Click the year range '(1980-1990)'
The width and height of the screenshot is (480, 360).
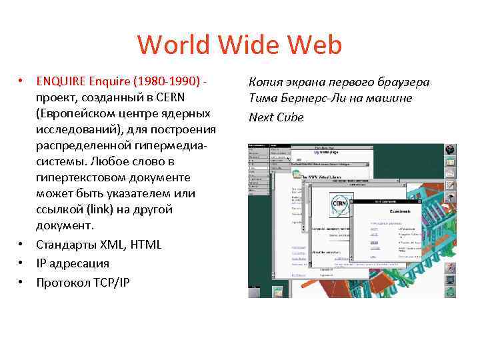pos(167,82)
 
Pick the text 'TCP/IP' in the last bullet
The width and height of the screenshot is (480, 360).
pos(110,282)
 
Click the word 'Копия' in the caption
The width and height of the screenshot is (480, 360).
pos(266,82)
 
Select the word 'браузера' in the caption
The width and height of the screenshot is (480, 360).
pos(403,82)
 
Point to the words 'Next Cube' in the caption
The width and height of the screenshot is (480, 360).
pos(276,117)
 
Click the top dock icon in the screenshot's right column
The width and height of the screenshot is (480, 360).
pos(451,149)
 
